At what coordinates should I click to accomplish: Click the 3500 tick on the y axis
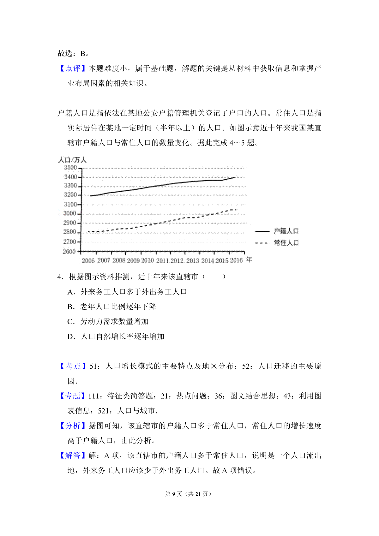(70, 168)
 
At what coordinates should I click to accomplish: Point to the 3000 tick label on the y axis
(70, 213)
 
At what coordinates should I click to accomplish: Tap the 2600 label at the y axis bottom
(69, 252)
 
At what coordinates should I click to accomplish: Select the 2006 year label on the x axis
(88, 261)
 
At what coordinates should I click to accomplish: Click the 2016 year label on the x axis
(236, 260)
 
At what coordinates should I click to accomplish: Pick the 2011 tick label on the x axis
(162, 261)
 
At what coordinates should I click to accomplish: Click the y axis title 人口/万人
(72, 160)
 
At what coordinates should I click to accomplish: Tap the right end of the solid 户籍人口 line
(235, 177)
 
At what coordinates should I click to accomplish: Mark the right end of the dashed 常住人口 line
(236, 210)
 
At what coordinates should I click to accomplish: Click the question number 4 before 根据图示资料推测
(59, 277)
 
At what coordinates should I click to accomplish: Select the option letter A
(70, 292)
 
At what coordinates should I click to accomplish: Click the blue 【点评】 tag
(73, 68)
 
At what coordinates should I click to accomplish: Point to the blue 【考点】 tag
(73, 366)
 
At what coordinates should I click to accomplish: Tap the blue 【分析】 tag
(73, 426)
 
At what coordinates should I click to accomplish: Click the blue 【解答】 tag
(73, 456)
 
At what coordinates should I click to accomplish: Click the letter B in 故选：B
(83, 54)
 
